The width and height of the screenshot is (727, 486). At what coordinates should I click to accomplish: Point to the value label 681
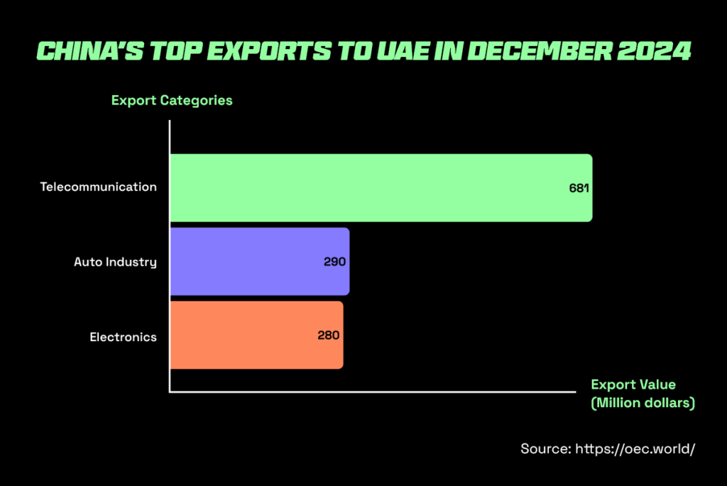579,189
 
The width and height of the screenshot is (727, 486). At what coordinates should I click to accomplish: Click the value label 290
334,262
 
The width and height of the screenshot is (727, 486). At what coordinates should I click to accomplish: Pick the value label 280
329,335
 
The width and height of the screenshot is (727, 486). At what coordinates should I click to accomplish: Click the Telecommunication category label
98,188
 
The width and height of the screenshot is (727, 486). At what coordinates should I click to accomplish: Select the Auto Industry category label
115,261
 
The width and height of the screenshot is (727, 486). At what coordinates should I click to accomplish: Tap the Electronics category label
123,337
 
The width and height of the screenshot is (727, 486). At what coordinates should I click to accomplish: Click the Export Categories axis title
172,100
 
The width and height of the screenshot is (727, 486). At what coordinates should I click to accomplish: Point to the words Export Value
633,384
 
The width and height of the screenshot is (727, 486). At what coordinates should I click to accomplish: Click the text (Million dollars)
643,403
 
